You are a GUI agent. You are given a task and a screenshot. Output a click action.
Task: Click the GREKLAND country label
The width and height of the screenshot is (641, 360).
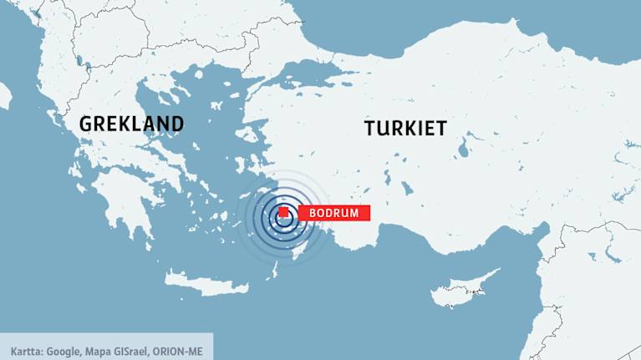(131, 124)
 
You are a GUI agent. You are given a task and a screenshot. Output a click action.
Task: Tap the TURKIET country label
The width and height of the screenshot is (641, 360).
(405, 129)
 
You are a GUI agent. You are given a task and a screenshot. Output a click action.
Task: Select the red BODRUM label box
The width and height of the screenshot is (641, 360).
(333, 213)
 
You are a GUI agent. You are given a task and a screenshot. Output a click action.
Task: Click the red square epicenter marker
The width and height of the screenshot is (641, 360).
(284, 213)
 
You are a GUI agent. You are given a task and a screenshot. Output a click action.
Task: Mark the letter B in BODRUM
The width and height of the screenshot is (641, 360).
(313, 213)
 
